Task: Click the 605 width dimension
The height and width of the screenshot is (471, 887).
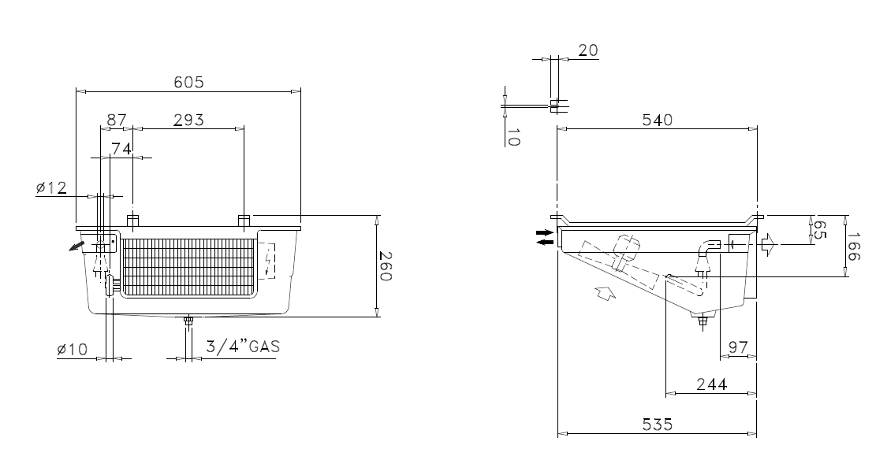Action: pyautogui.click(x=188, y=82)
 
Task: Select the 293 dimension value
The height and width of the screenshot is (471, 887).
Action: pyautogui.click(x=188, y=120)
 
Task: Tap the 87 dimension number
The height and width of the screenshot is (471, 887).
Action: pyautogui.click(x=117, y=120)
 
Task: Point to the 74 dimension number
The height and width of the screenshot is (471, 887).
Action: pyautogui.click(x=121, y=149)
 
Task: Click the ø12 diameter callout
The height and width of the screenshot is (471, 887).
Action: pyautogui.click(x=51, y=187)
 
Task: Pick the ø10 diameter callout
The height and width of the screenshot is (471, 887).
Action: pyautogui.click(x=73, y=350)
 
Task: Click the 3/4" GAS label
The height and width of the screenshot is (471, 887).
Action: pyautogui.click(x=243, y=346)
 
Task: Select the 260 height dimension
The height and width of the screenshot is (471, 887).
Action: pyautogui.click(x=385, y=265)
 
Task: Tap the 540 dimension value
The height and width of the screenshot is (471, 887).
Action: pyautogui.click(x=658, y=120)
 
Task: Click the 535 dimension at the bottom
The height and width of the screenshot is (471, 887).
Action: pyautogui.click(x=658, y=424)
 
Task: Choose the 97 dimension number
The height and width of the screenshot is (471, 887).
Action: pyautogui.click(x=738, y=347)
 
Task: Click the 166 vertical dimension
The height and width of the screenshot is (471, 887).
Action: pyautogui.click(x=854, y=247)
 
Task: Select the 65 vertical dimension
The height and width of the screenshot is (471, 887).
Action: pyautogui.click(x=818, y=229)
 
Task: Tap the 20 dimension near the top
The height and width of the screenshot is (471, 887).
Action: pyautogui.click(x=587, y=50)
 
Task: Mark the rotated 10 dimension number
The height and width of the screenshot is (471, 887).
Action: pyautogui.click(x=512, y=137)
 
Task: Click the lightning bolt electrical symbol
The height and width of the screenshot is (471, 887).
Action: pyautogui.click(x=268, y=261)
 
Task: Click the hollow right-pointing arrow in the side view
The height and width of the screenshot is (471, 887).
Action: pyautogui.click(x=770, y=244)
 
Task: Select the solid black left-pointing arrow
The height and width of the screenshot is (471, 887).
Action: pyautogui.click(x=546, y=242)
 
